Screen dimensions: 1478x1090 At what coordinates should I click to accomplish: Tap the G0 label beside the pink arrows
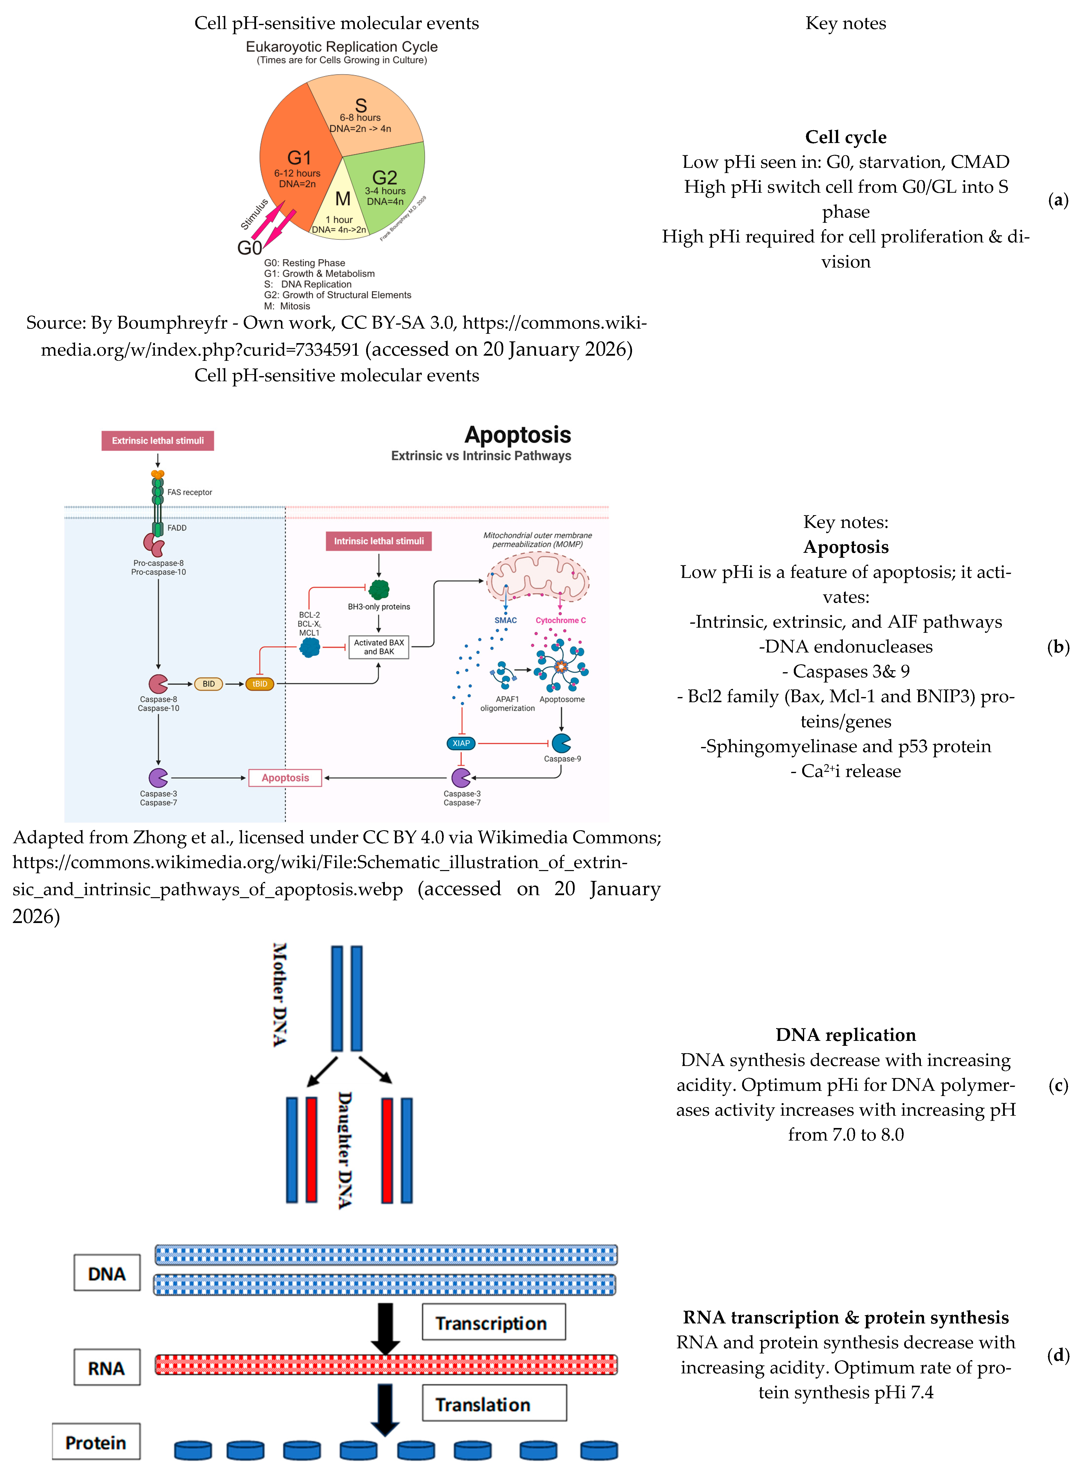click(x=249, y=248)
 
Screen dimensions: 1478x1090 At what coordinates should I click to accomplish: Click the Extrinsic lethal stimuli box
click(x=158, y=441)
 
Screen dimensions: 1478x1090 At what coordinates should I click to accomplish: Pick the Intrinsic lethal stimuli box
click(x=379, y=541)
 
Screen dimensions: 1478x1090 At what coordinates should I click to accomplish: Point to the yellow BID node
click(x=209, y=684)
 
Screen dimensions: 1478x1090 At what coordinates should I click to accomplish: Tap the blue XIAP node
click(x=461, y=743)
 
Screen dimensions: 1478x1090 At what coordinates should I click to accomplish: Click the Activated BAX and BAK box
click(x=379, y=647)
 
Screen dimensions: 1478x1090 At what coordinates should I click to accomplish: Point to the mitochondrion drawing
click(x=538, y=577)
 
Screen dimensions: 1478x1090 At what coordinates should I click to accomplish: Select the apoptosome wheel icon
click(x=561, y=666)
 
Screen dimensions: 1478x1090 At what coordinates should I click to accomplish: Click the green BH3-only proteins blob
click(x=379, y=589)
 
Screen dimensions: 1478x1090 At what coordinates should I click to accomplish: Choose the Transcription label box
click(x=493, y=1322)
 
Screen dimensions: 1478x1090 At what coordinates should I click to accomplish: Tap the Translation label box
click(x=493, y=1403)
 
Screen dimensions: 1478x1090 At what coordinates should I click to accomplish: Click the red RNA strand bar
click(x=386, y=1365)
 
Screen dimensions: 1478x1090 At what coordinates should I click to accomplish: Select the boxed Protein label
click(x=96, y=1442)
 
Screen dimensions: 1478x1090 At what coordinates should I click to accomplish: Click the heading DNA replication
click(x=845, y=1035)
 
